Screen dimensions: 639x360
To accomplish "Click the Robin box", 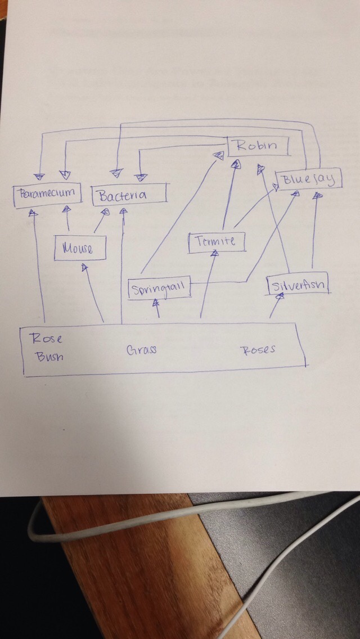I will (x=258, y=146).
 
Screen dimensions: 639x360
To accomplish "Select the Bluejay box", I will (x=309, y=180).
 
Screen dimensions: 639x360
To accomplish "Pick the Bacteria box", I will (x=128, y=195).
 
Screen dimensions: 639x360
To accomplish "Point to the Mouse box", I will (x=80, y=247).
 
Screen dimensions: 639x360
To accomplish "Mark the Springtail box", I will (x=159, y=289).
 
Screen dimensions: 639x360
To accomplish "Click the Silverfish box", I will (x=298, y=285).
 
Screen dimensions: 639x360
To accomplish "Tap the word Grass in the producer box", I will (x=141, y=350).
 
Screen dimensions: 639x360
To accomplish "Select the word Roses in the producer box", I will (x=259, y=350).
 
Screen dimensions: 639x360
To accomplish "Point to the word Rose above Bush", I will (x=46, y=339).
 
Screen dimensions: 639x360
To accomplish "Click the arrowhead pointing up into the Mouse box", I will (x=85, y=268).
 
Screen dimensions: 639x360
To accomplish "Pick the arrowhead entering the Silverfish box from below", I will (x=280, y=296).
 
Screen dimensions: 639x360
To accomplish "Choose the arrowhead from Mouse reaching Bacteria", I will (x=105, y=213).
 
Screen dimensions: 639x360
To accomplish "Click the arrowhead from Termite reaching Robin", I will (x=236, y=164).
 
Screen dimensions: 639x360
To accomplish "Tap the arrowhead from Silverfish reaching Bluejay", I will (x=318, y=196).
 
